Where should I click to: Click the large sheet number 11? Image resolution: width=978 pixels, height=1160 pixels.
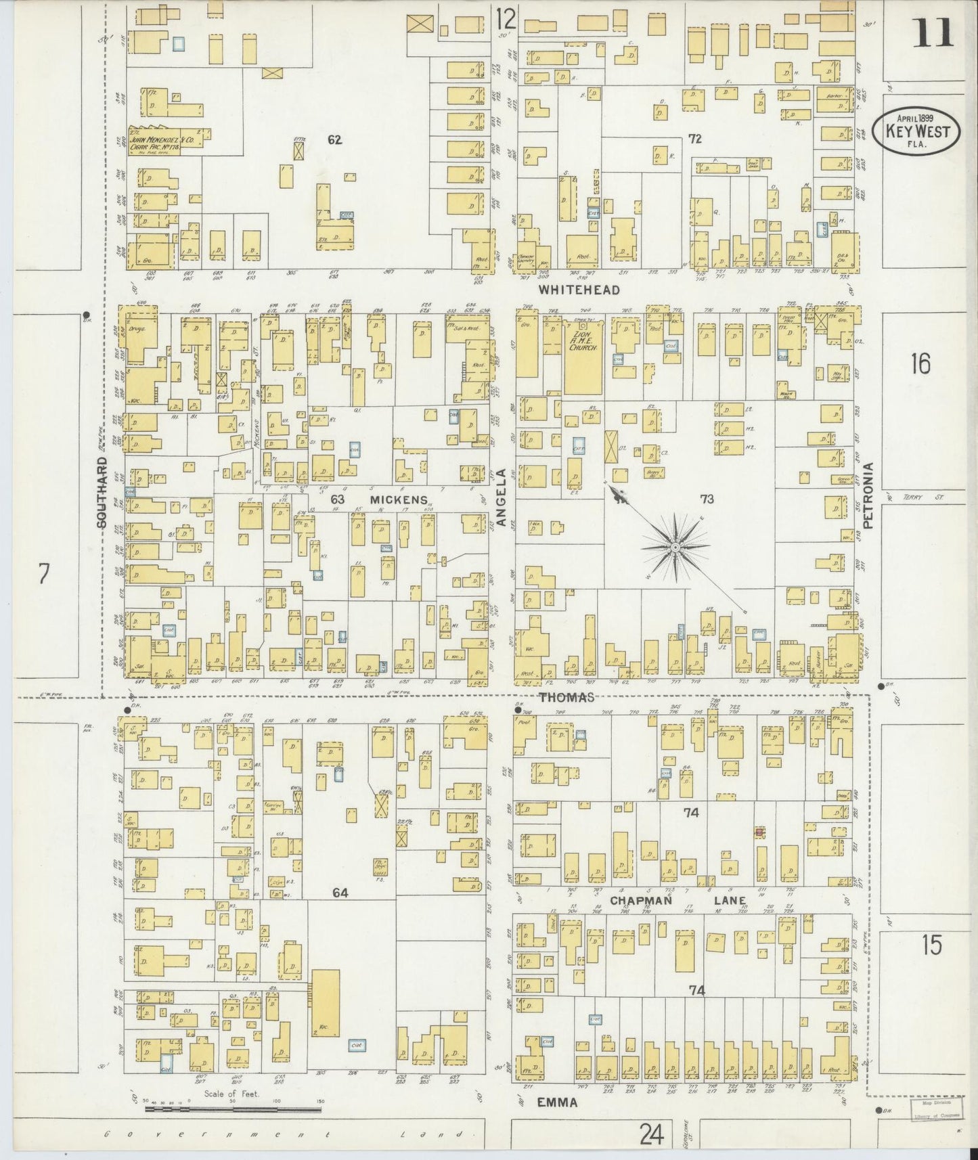tap(933, 32)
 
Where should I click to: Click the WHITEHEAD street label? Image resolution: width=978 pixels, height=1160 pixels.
tap(579, 290)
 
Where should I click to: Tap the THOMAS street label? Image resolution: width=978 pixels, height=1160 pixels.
tap(567, 697)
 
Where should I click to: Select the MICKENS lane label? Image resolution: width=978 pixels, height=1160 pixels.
tap(399, 500)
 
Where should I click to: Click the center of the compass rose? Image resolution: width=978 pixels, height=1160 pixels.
tap(675, 545)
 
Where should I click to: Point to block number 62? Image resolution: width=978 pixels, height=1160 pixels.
tap(334, 140)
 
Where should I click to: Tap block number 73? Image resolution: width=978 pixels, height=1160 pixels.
tap(707, 499)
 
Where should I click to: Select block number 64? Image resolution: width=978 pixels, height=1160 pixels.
tap(340, 893)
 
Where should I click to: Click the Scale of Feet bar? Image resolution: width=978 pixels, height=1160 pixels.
tap(234, 1109)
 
